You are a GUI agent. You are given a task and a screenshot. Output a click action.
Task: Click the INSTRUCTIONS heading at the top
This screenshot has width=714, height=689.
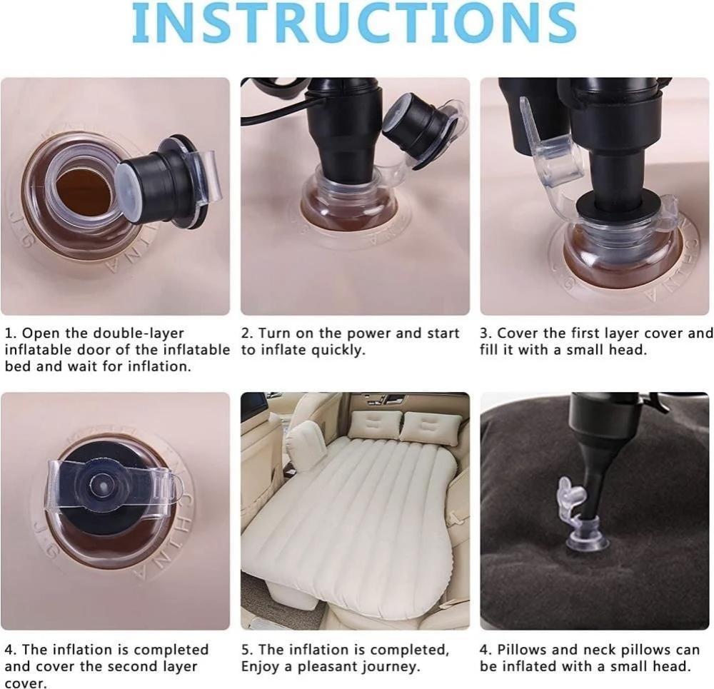354,23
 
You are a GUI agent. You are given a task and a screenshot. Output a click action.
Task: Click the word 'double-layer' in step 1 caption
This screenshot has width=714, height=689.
139,333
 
